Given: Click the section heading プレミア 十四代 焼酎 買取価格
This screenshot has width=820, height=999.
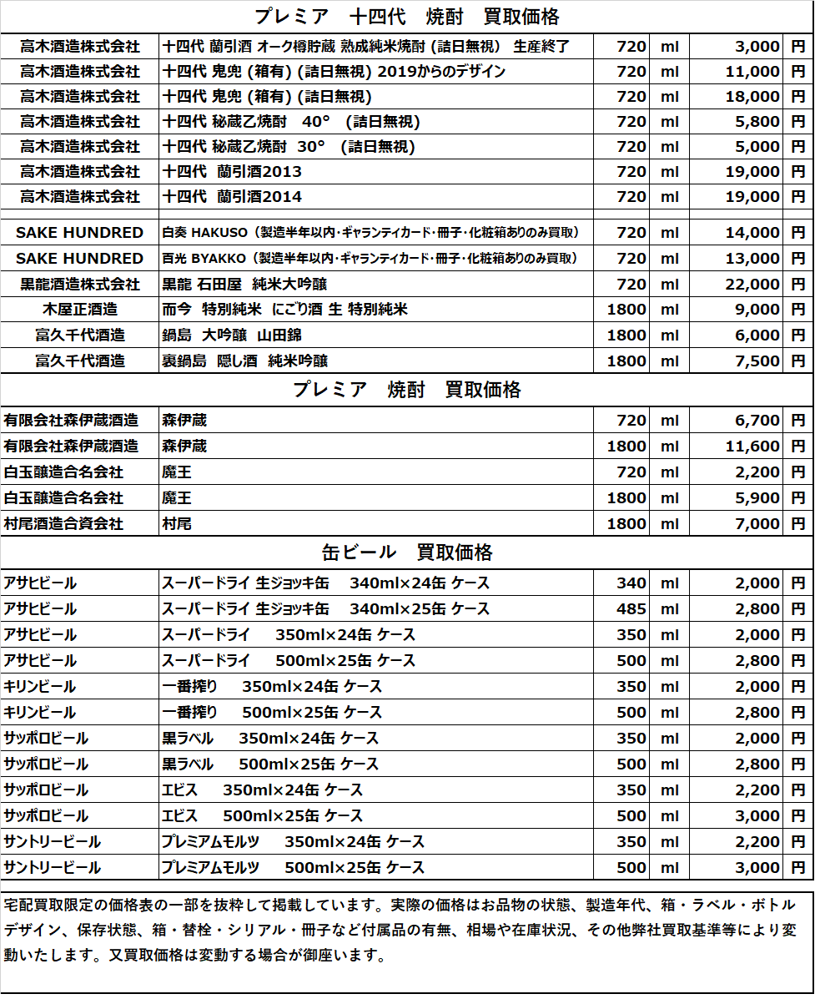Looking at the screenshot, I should coord(407,16).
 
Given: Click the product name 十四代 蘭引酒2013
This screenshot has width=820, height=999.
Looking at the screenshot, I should coord(233,172).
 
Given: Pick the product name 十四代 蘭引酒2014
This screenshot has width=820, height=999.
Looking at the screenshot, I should coord(233,197).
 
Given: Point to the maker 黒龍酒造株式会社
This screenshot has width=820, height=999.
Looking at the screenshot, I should coord(80,284).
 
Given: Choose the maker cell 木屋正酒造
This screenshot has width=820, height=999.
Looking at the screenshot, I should coord(80,310).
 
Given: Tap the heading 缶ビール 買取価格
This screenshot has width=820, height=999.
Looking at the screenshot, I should coord(407,552).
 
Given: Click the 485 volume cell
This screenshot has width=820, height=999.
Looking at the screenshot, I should coord(631,608).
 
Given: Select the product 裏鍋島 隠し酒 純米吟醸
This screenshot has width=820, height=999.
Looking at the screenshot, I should coord(245,361).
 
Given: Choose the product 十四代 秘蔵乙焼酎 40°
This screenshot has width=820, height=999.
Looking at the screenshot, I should coord(291,122).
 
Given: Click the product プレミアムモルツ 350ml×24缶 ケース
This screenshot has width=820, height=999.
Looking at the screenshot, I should coord(293,841).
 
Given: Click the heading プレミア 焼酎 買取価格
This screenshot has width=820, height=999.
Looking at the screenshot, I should coord(407,390).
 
